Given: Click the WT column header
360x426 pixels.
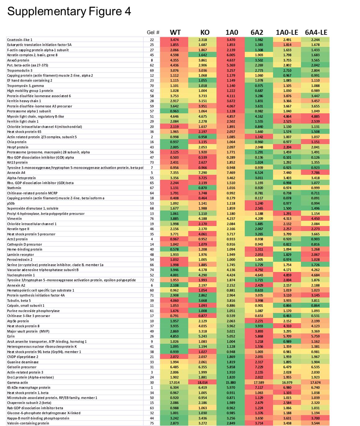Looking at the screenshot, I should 175,32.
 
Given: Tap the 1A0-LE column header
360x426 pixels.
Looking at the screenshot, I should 287,32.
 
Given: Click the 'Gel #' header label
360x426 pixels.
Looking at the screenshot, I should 153,33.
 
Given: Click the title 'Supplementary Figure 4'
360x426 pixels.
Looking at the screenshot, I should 69,11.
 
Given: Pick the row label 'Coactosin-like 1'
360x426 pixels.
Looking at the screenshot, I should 20,40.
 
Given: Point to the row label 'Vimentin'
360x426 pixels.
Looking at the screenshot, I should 15,219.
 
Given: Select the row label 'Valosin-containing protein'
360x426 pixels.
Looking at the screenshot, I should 28,423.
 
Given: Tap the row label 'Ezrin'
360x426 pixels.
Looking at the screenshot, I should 11,336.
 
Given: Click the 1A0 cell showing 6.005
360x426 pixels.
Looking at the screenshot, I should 231,55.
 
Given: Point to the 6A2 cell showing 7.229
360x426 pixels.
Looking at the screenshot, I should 259,367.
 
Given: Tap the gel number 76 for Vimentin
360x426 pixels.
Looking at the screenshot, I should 152,219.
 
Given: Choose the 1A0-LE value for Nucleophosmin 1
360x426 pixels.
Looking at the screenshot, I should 287,275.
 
